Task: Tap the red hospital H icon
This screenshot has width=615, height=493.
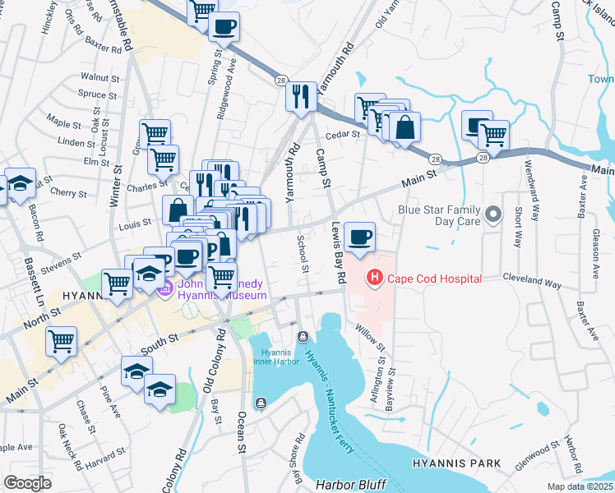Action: pos(375,279)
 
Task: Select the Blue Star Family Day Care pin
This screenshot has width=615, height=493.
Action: pos(493,215)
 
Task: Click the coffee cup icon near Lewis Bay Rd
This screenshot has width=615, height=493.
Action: pos(359,237)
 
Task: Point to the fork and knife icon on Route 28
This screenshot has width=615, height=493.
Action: pos(301,97)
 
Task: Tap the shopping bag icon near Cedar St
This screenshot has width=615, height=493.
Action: pos(405,127)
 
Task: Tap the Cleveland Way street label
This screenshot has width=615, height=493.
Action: pos(532,281)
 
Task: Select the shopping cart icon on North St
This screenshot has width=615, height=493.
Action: pos(61,342)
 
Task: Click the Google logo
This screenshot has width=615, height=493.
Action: pos(27,482)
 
